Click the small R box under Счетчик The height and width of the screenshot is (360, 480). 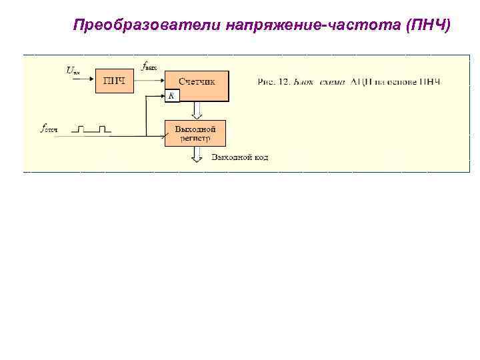coord(171,96)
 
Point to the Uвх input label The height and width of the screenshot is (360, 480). coord(73,69)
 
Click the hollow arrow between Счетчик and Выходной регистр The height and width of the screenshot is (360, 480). coord(196,110)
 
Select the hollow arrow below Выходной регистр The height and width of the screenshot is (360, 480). coord(196,155)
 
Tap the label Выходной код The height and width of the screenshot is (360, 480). coord(240,158)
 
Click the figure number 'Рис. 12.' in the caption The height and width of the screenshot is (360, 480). coord(272,82)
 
